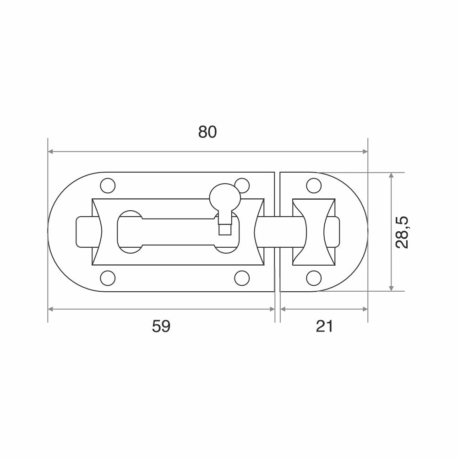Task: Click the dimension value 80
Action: click(207, 132)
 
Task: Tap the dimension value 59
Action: click(161, 326)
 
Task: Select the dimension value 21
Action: click(324, 326)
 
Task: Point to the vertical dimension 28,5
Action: click(402, 233)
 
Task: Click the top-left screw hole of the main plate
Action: click(108, 185)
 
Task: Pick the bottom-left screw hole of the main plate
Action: click(108, 278)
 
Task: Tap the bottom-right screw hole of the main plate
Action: click(242, 278)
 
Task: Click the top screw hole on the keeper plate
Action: click(314, 185)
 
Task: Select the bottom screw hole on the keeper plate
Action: click(314, 278)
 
